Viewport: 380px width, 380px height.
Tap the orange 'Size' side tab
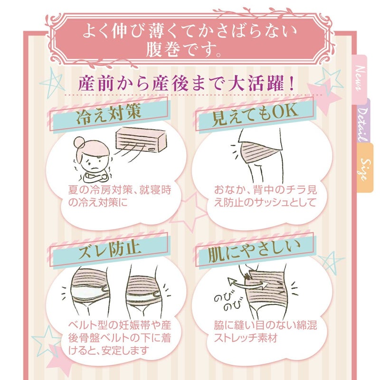(365, 169)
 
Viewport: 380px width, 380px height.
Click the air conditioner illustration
(141, 140)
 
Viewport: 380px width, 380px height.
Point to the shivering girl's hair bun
(79, 142)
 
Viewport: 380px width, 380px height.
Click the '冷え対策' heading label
(108, 114)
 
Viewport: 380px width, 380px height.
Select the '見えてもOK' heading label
(255, 114)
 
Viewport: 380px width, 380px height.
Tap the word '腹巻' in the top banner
(163, 50)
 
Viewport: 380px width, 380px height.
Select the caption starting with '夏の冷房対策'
(120, 196)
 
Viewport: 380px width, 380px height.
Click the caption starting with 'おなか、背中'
(266, 196)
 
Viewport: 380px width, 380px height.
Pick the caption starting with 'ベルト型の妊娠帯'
(120, 338)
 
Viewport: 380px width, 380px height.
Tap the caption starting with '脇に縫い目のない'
(266, 332)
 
